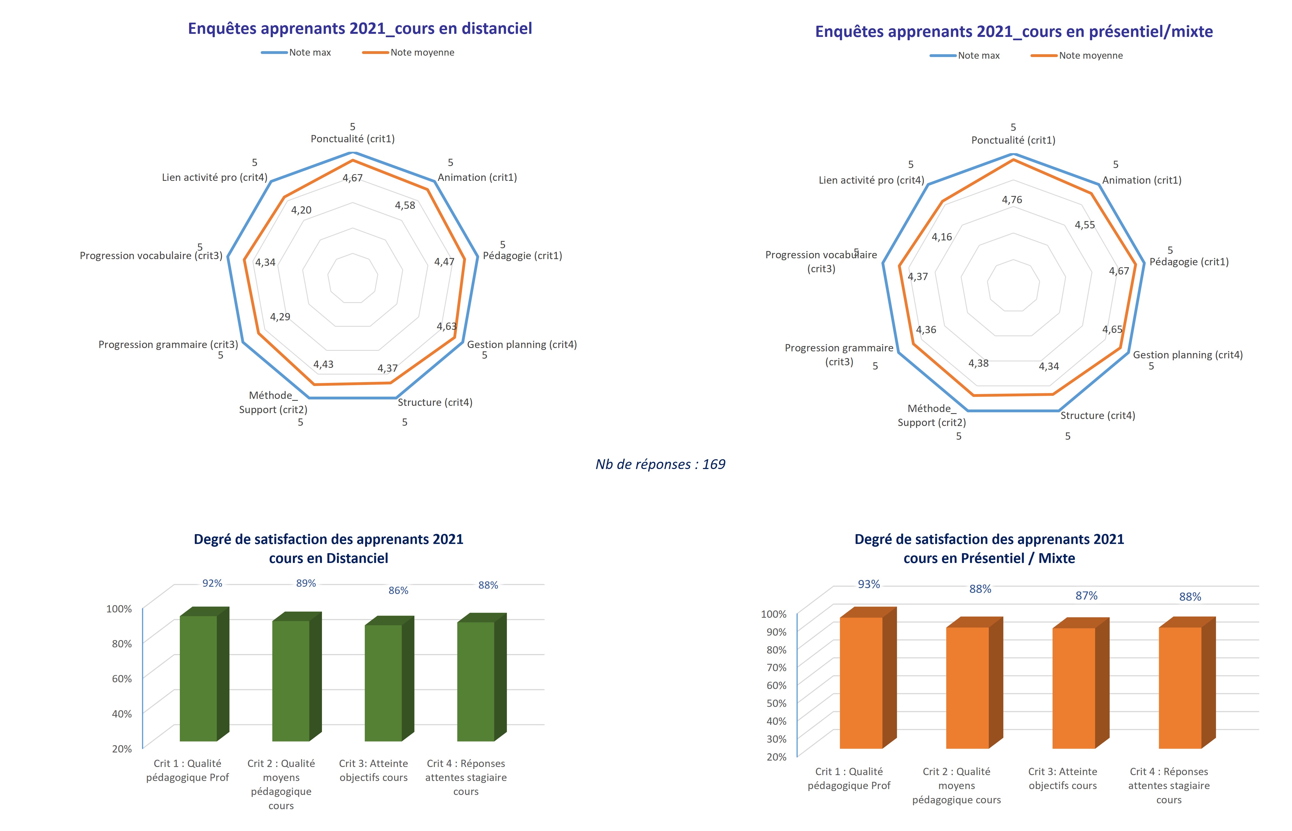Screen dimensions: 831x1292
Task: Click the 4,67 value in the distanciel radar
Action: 352,178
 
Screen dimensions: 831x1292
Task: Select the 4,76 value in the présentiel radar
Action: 1012,200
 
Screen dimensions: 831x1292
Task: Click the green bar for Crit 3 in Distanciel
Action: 383,683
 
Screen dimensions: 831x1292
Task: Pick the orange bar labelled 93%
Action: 861,683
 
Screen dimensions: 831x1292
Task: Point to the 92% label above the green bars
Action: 212,583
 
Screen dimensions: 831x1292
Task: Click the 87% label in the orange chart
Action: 1086,596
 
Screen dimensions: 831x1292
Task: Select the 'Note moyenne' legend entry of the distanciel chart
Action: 409,52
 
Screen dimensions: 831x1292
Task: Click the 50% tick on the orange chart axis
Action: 776,703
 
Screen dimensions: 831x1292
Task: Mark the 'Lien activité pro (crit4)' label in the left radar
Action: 214,177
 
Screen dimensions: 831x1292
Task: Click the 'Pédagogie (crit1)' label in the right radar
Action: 1189,262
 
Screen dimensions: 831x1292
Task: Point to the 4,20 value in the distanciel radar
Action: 301,210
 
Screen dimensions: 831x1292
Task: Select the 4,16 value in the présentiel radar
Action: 942,237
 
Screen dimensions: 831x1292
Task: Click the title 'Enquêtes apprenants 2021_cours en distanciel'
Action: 360,29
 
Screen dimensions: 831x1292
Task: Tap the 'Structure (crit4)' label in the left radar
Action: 435,403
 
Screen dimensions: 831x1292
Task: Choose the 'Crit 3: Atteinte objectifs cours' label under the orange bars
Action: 1063,779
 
